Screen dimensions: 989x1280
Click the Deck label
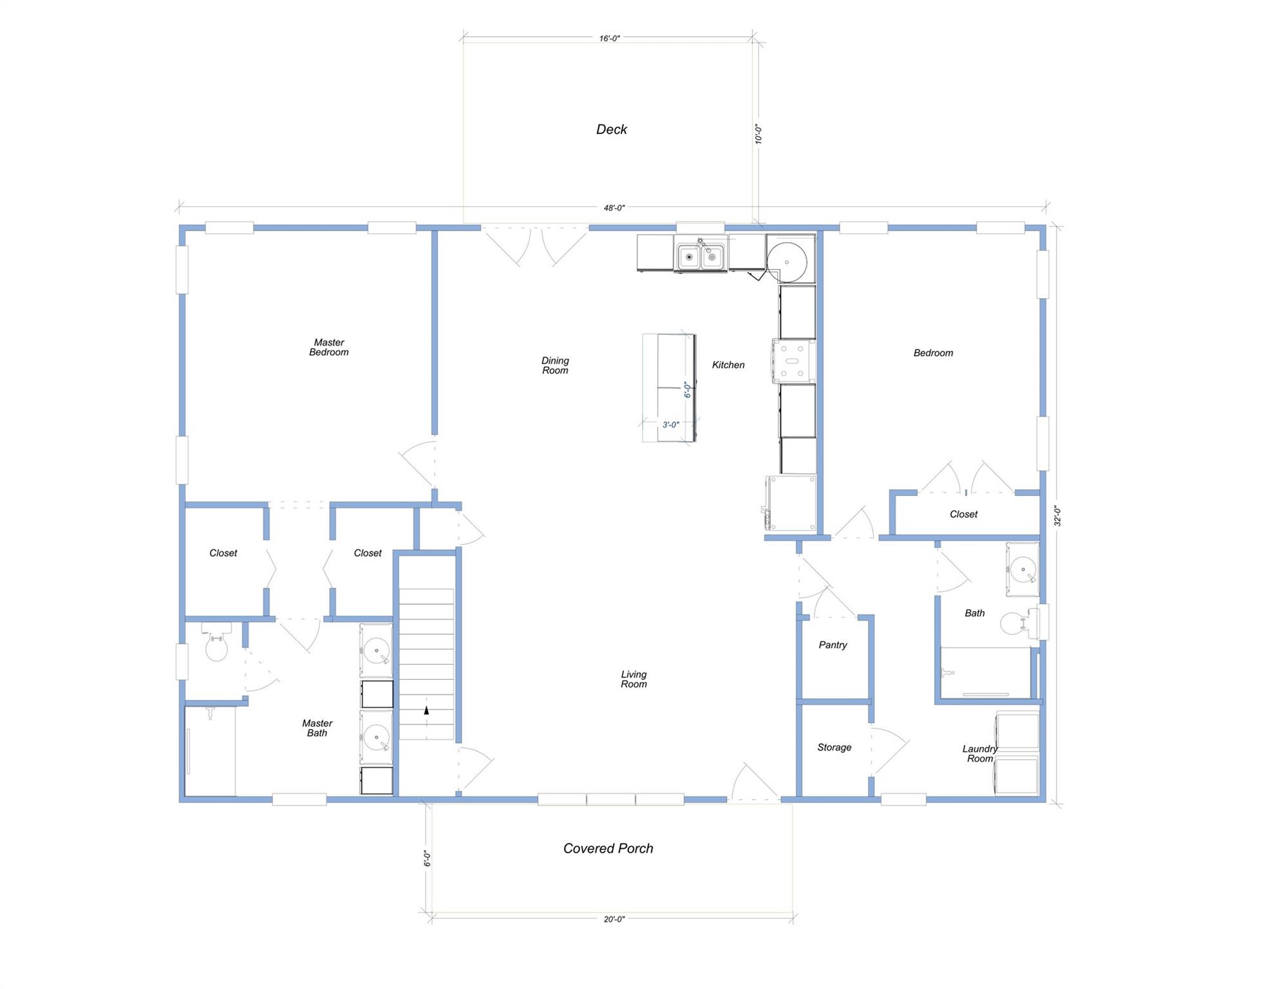pyautogui.click(x=611, y=129)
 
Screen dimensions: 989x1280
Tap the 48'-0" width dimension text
pyautogui.click(x=614, y=208)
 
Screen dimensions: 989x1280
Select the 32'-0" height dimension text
pyautogui.click(x=1057, y=516)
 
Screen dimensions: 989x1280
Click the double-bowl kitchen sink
pyautogui.click(x=700, y=256)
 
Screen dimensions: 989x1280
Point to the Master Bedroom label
pyautogui.click(x=328, y=347)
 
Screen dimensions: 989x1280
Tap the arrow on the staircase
pyautogui.click(x=426, y=711)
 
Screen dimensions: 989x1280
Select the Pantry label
pyautogui.click(x=833, y=645)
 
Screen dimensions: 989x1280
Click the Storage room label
pyautogui.click(x=834, y=747)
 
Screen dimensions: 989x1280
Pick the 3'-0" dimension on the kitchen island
pyautogui.click(x=670, y=425)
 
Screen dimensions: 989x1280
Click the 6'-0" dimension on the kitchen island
pyautogui.click(x=688, y=390)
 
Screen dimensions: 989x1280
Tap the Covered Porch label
pyautogui.click(x=608, y=848)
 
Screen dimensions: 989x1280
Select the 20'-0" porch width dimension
pyautogui.click(x=614, y=919)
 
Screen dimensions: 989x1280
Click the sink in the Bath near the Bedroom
pyautogui.click(x=1022, y=570)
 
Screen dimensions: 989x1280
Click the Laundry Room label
pyautogui.click(x=979, y=753)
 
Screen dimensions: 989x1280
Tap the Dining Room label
pyautogui.click(x=554, y=365)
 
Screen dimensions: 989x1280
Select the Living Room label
pyautogui.click(x=634, y=679)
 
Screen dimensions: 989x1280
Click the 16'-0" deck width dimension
pyautogui.click(x=609, y=39)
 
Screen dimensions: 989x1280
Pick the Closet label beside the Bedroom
pyautogui.click(x=963, y=514)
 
